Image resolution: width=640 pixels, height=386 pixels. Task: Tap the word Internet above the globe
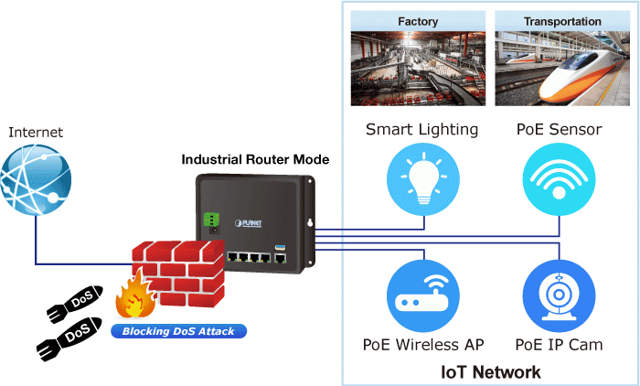point(36,133)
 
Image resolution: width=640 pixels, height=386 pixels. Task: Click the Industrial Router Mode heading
point(255,159)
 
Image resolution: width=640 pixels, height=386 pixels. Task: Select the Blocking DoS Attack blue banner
point(179,330)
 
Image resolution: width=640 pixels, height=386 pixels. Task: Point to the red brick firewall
point(179,270)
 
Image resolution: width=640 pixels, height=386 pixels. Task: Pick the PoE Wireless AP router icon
point(422,294)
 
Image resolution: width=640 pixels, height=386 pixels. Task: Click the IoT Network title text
point(490,372)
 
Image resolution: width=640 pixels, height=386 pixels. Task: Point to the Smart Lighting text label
point(422,129)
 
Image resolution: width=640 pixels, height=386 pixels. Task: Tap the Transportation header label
point(562,21)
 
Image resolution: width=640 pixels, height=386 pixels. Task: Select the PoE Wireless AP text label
point(423,345)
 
